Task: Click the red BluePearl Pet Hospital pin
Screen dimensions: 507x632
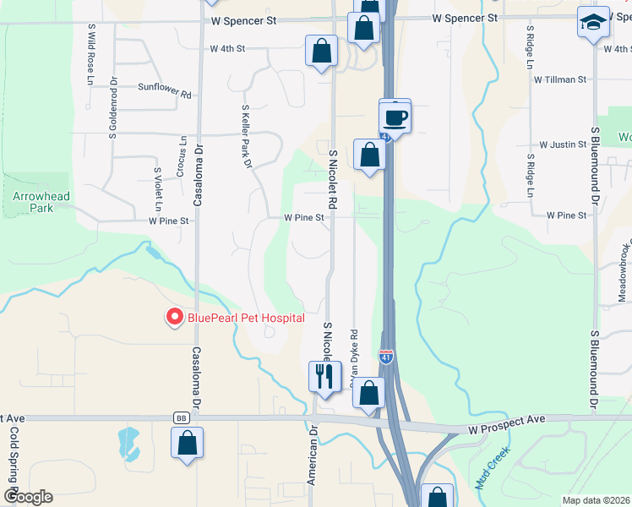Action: (x=175, y=317)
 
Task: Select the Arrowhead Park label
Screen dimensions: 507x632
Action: (x=41, y=201)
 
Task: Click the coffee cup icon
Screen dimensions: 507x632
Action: (x=395, y=116)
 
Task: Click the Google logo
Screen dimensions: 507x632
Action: (x=28, y=497)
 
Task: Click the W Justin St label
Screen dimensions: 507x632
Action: (x=563, y=144)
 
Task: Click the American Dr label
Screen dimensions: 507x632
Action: (x=312, y=455)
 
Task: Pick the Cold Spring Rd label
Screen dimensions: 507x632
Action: (x=14, y=456)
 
